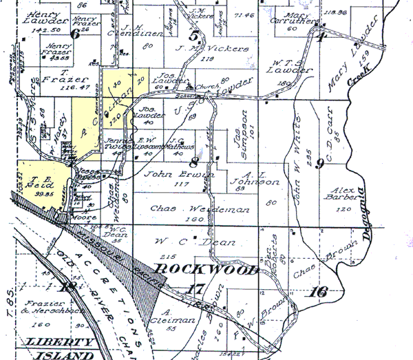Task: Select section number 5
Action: click(x=195, y=36)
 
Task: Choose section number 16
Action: click(x=318, y=291)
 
